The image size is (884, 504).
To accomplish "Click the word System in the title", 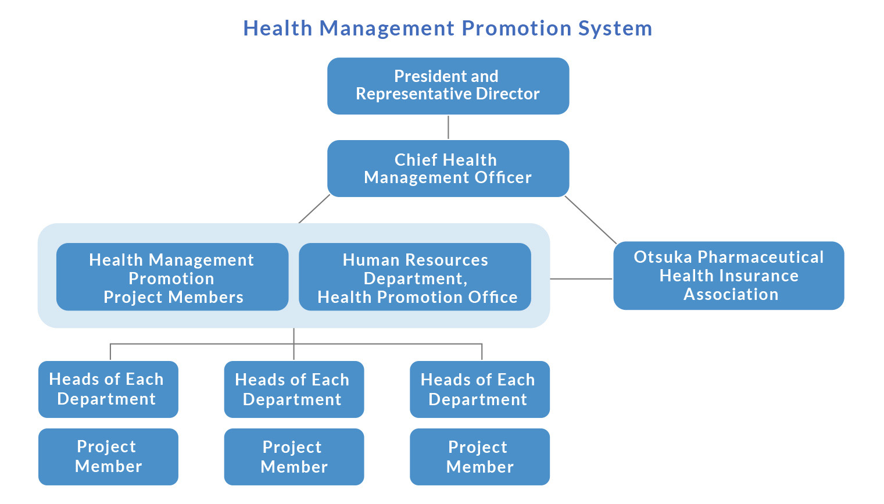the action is (615, 29).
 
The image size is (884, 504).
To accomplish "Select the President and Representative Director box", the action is (448, 86).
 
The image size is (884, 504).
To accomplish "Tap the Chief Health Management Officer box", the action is (448, 169).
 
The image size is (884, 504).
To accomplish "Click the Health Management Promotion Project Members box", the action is (173, 277).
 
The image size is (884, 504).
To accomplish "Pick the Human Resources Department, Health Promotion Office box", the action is (415, 277).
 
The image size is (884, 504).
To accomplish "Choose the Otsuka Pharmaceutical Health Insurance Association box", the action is (728, 276).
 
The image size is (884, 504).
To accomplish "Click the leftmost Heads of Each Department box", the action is (108, 389).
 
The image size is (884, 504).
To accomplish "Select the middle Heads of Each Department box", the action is (294, 389).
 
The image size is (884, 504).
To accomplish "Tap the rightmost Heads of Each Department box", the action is (479, 389).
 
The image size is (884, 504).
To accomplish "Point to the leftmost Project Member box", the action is (108, 457).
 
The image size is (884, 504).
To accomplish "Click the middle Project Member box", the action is (294, 457).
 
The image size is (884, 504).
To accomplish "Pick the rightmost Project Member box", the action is (479, 457).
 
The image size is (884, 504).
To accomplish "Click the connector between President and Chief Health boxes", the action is (448, 127).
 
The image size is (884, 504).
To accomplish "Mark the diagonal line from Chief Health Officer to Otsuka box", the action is (590, 220).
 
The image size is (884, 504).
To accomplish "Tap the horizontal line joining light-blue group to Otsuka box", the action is (581, 278).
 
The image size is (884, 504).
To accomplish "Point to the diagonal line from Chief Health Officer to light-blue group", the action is (314, 209).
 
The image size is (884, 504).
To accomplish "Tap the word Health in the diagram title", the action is (278, 29).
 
